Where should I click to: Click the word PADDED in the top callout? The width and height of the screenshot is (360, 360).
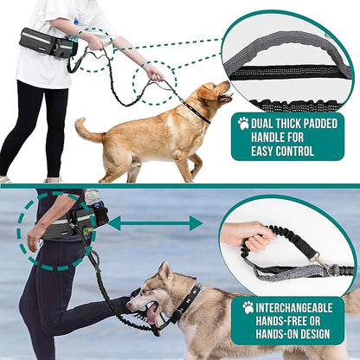click(x=317, y=124)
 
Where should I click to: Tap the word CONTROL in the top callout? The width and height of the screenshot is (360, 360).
click(x=294, y=151)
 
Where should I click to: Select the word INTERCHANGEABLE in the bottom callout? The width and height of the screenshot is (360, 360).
click(x=294, y=308)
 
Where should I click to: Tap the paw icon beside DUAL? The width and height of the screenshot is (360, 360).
click(x=243, y=123)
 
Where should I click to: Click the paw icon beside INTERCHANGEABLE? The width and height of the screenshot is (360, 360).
click(x=248, y=307)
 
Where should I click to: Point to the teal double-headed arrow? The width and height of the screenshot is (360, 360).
click(x=155, y=223)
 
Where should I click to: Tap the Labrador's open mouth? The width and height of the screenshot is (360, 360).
click(x=225, y=98)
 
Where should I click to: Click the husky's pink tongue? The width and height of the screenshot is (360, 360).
click(x=151, y=315)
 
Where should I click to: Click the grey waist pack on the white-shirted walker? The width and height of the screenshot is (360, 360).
click(x=48, y=42)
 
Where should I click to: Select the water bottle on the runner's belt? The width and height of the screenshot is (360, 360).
click(x=93, y=197)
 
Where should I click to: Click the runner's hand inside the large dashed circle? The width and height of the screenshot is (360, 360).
click(x=34, y=237)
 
